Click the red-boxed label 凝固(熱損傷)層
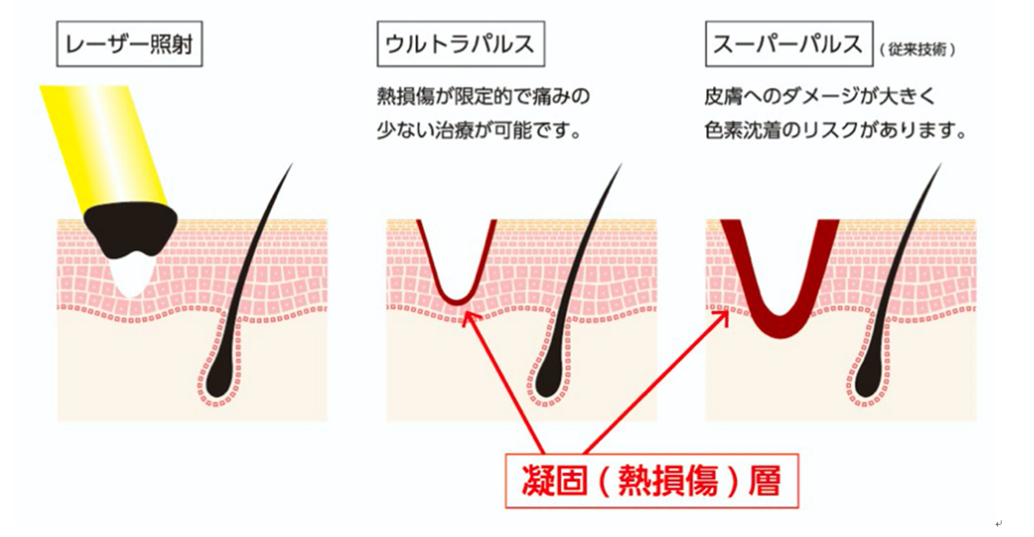pos(652,480)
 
